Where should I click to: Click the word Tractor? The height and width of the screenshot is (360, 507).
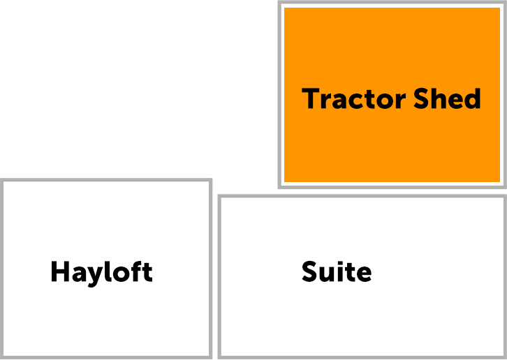353,98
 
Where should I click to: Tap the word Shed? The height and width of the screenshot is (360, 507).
447,98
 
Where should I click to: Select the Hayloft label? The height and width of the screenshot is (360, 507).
101,273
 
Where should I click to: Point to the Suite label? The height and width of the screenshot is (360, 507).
337,271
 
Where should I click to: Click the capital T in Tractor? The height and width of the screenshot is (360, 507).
310,98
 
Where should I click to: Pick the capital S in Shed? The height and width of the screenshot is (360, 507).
422,98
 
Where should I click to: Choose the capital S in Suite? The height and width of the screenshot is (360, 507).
310,271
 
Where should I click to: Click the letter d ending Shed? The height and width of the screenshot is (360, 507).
472,98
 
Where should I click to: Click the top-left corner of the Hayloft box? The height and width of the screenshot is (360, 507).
1,180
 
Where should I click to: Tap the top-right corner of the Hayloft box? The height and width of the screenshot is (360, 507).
210,180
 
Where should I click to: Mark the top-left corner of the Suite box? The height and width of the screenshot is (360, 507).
219,196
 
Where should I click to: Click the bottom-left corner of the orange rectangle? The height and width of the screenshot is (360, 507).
284,182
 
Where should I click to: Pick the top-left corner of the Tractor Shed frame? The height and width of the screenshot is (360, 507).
280,2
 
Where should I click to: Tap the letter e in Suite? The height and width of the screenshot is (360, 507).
364,274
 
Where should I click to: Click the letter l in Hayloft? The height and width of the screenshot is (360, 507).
108,271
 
